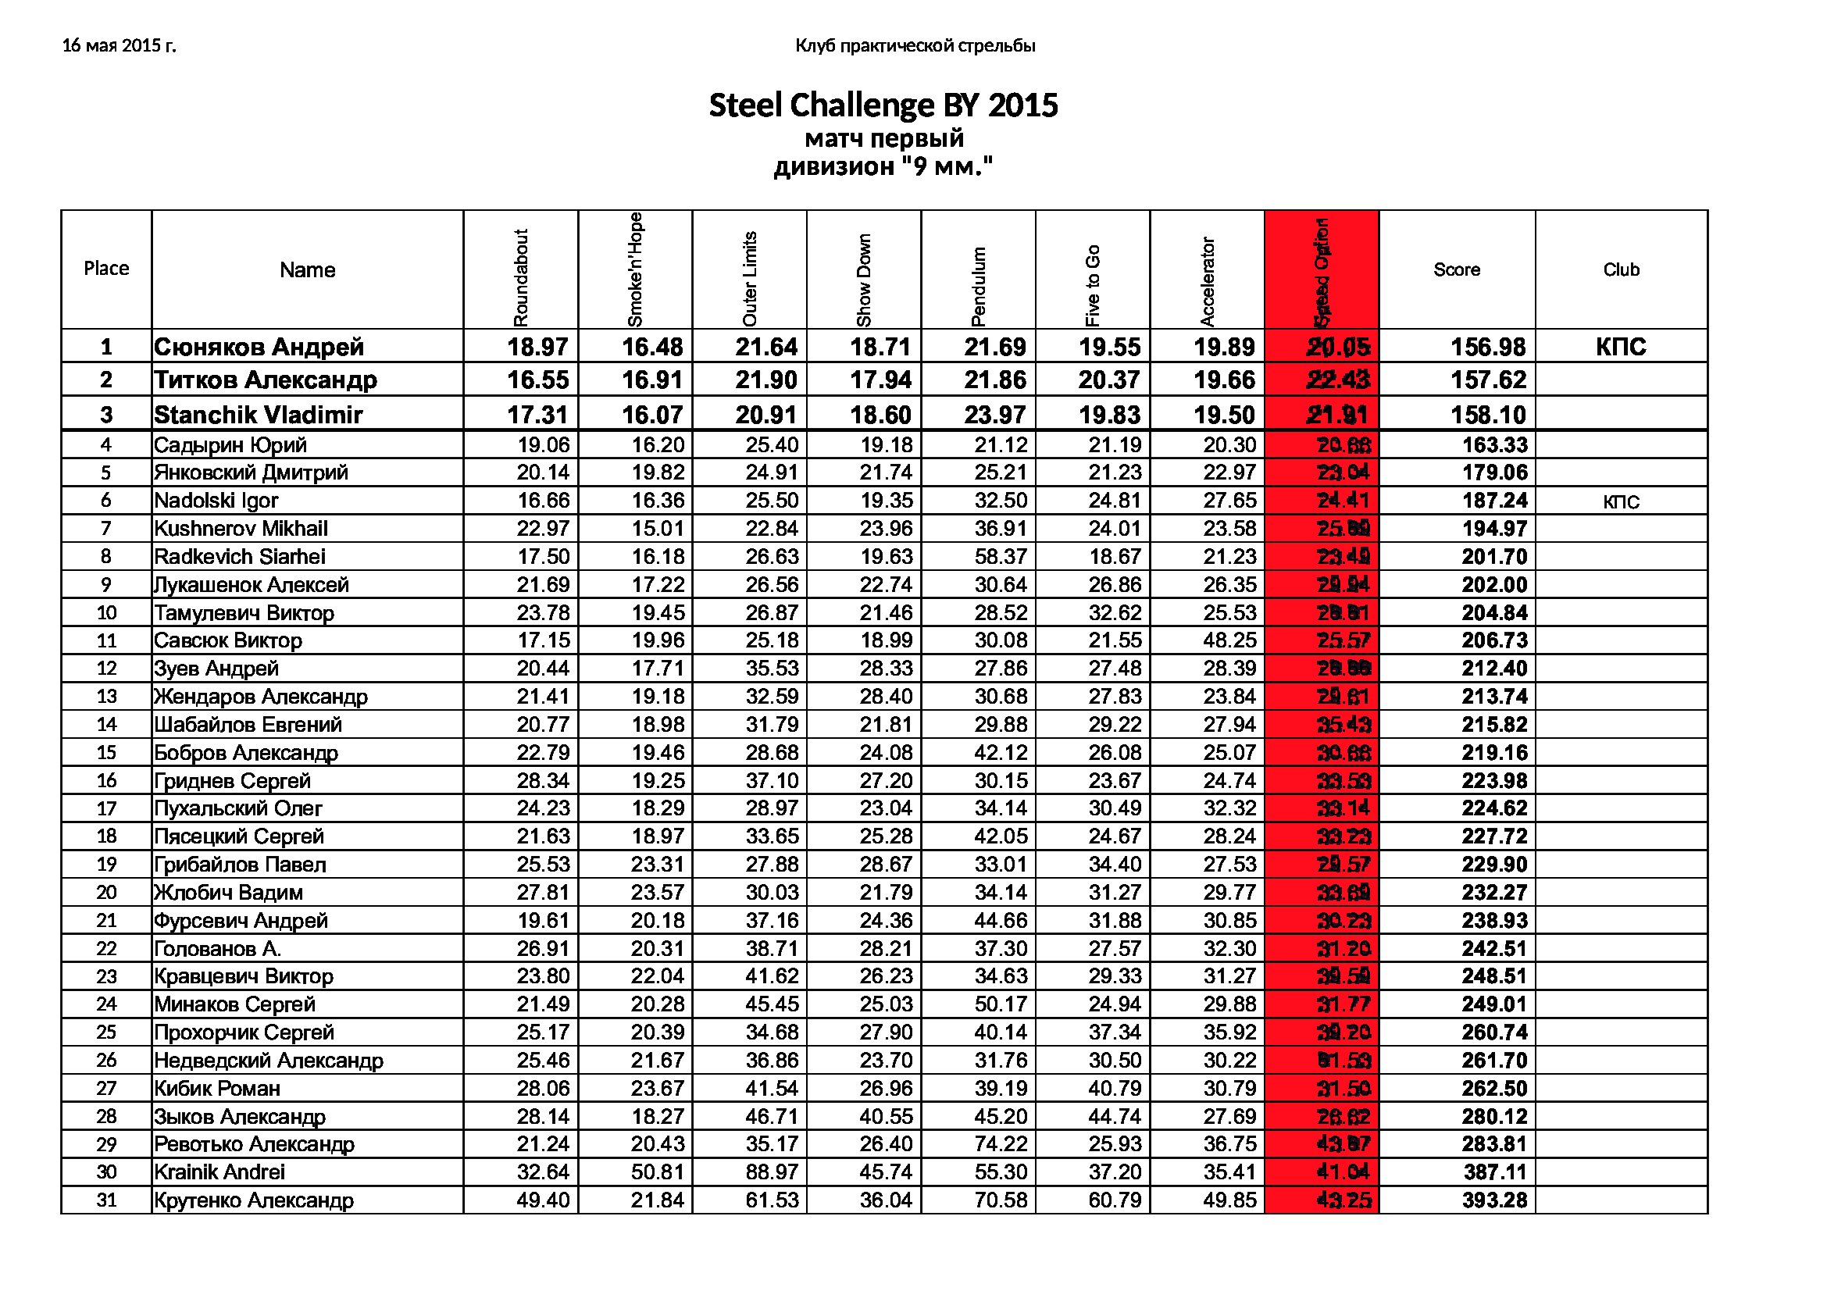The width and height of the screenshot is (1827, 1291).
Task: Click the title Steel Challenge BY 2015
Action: [883, 105]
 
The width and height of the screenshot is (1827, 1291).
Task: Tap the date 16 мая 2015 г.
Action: [119, 46]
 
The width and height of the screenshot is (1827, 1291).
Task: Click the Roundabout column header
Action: [521, 277]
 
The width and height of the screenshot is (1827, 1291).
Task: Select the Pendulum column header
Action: [979, 286]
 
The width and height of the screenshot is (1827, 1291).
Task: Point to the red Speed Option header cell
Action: [1321, 270]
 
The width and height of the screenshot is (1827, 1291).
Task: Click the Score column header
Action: [1456, 269]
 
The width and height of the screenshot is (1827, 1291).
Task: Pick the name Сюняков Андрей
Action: [259, 347]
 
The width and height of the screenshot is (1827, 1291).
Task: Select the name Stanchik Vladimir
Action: [258, 415]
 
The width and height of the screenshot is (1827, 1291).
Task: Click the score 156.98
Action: [1487, 347]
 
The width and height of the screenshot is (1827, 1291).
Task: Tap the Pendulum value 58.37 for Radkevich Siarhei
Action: [1001, 557]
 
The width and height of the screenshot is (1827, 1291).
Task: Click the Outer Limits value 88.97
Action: [772, 1172]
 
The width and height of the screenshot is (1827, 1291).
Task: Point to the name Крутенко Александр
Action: [253, 1200]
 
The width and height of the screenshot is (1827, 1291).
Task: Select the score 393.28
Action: [1494, 1200]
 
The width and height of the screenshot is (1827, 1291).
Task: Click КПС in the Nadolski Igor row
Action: [1621, 502]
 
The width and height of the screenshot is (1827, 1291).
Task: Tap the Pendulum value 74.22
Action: [1001, 1144]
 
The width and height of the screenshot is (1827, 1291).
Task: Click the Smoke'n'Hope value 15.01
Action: [658, 528]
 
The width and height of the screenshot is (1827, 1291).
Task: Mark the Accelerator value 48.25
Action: [1229, 640]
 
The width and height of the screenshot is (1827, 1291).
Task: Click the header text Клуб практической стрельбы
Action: [915, 46]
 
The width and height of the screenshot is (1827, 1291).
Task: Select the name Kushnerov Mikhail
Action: [241, 528]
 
